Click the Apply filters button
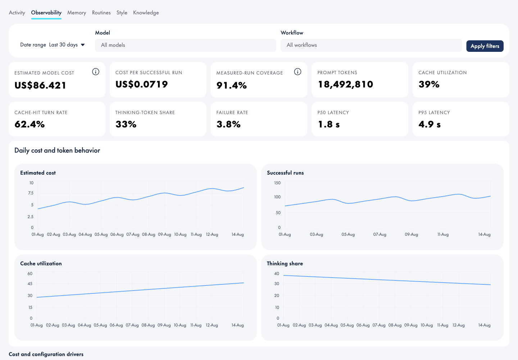tap(485, 46)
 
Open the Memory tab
tap(77, 13)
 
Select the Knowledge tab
tap(146, 13)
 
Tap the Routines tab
tap(101, 13)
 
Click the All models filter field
tap(186, 45)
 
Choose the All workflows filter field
tap(371, 45)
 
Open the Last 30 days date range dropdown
tap(67, 45)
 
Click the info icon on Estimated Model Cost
tap(96, 72)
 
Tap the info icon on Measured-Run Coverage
tap(297, 72)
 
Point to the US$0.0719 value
tap(141, 84)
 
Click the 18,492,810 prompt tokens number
tap(345, 85)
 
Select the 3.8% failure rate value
tap(228, 124)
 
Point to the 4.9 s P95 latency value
tap(430, 124)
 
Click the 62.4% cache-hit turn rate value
tap(29, 124)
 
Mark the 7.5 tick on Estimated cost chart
tap(31, 193)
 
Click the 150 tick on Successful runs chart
tap(277, 183)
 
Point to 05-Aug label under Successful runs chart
tap(348, 234)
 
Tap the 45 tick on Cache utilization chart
tap(30, 284)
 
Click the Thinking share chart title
tap(285, 264)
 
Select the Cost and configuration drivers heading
tap(46, 354)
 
